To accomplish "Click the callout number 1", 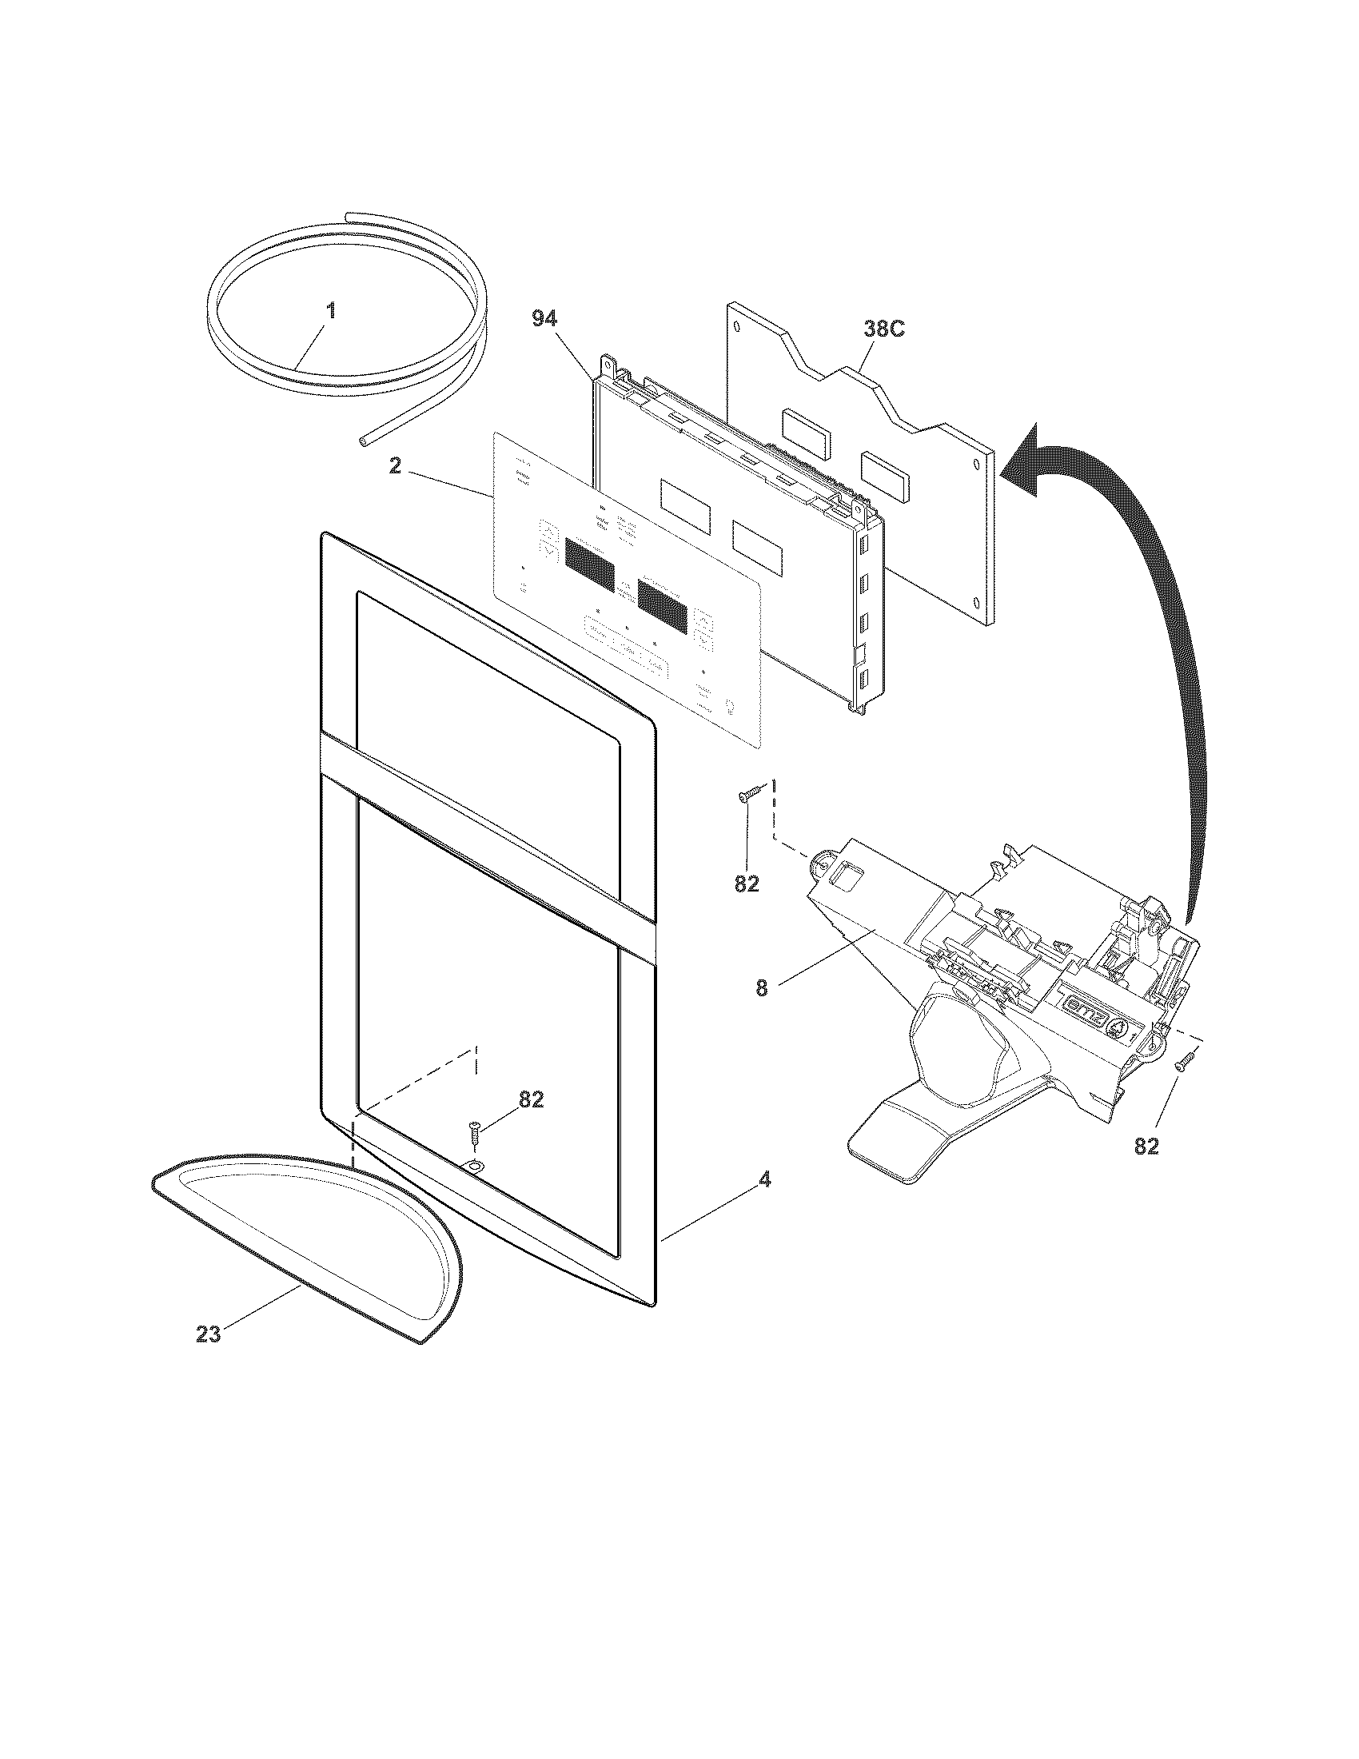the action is tap(330, 311).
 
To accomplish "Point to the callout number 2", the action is tap(394, 466).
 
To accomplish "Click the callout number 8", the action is tap(762, 988).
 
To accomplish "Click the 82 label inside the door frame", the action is tap(531, 1100).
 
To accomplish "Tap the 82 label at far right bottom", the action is tap(1146, 1146).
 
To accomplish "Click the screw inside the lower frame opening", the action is tap(474, 1137).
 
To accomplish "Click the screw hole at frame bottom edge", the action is tap(474, 1167).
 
